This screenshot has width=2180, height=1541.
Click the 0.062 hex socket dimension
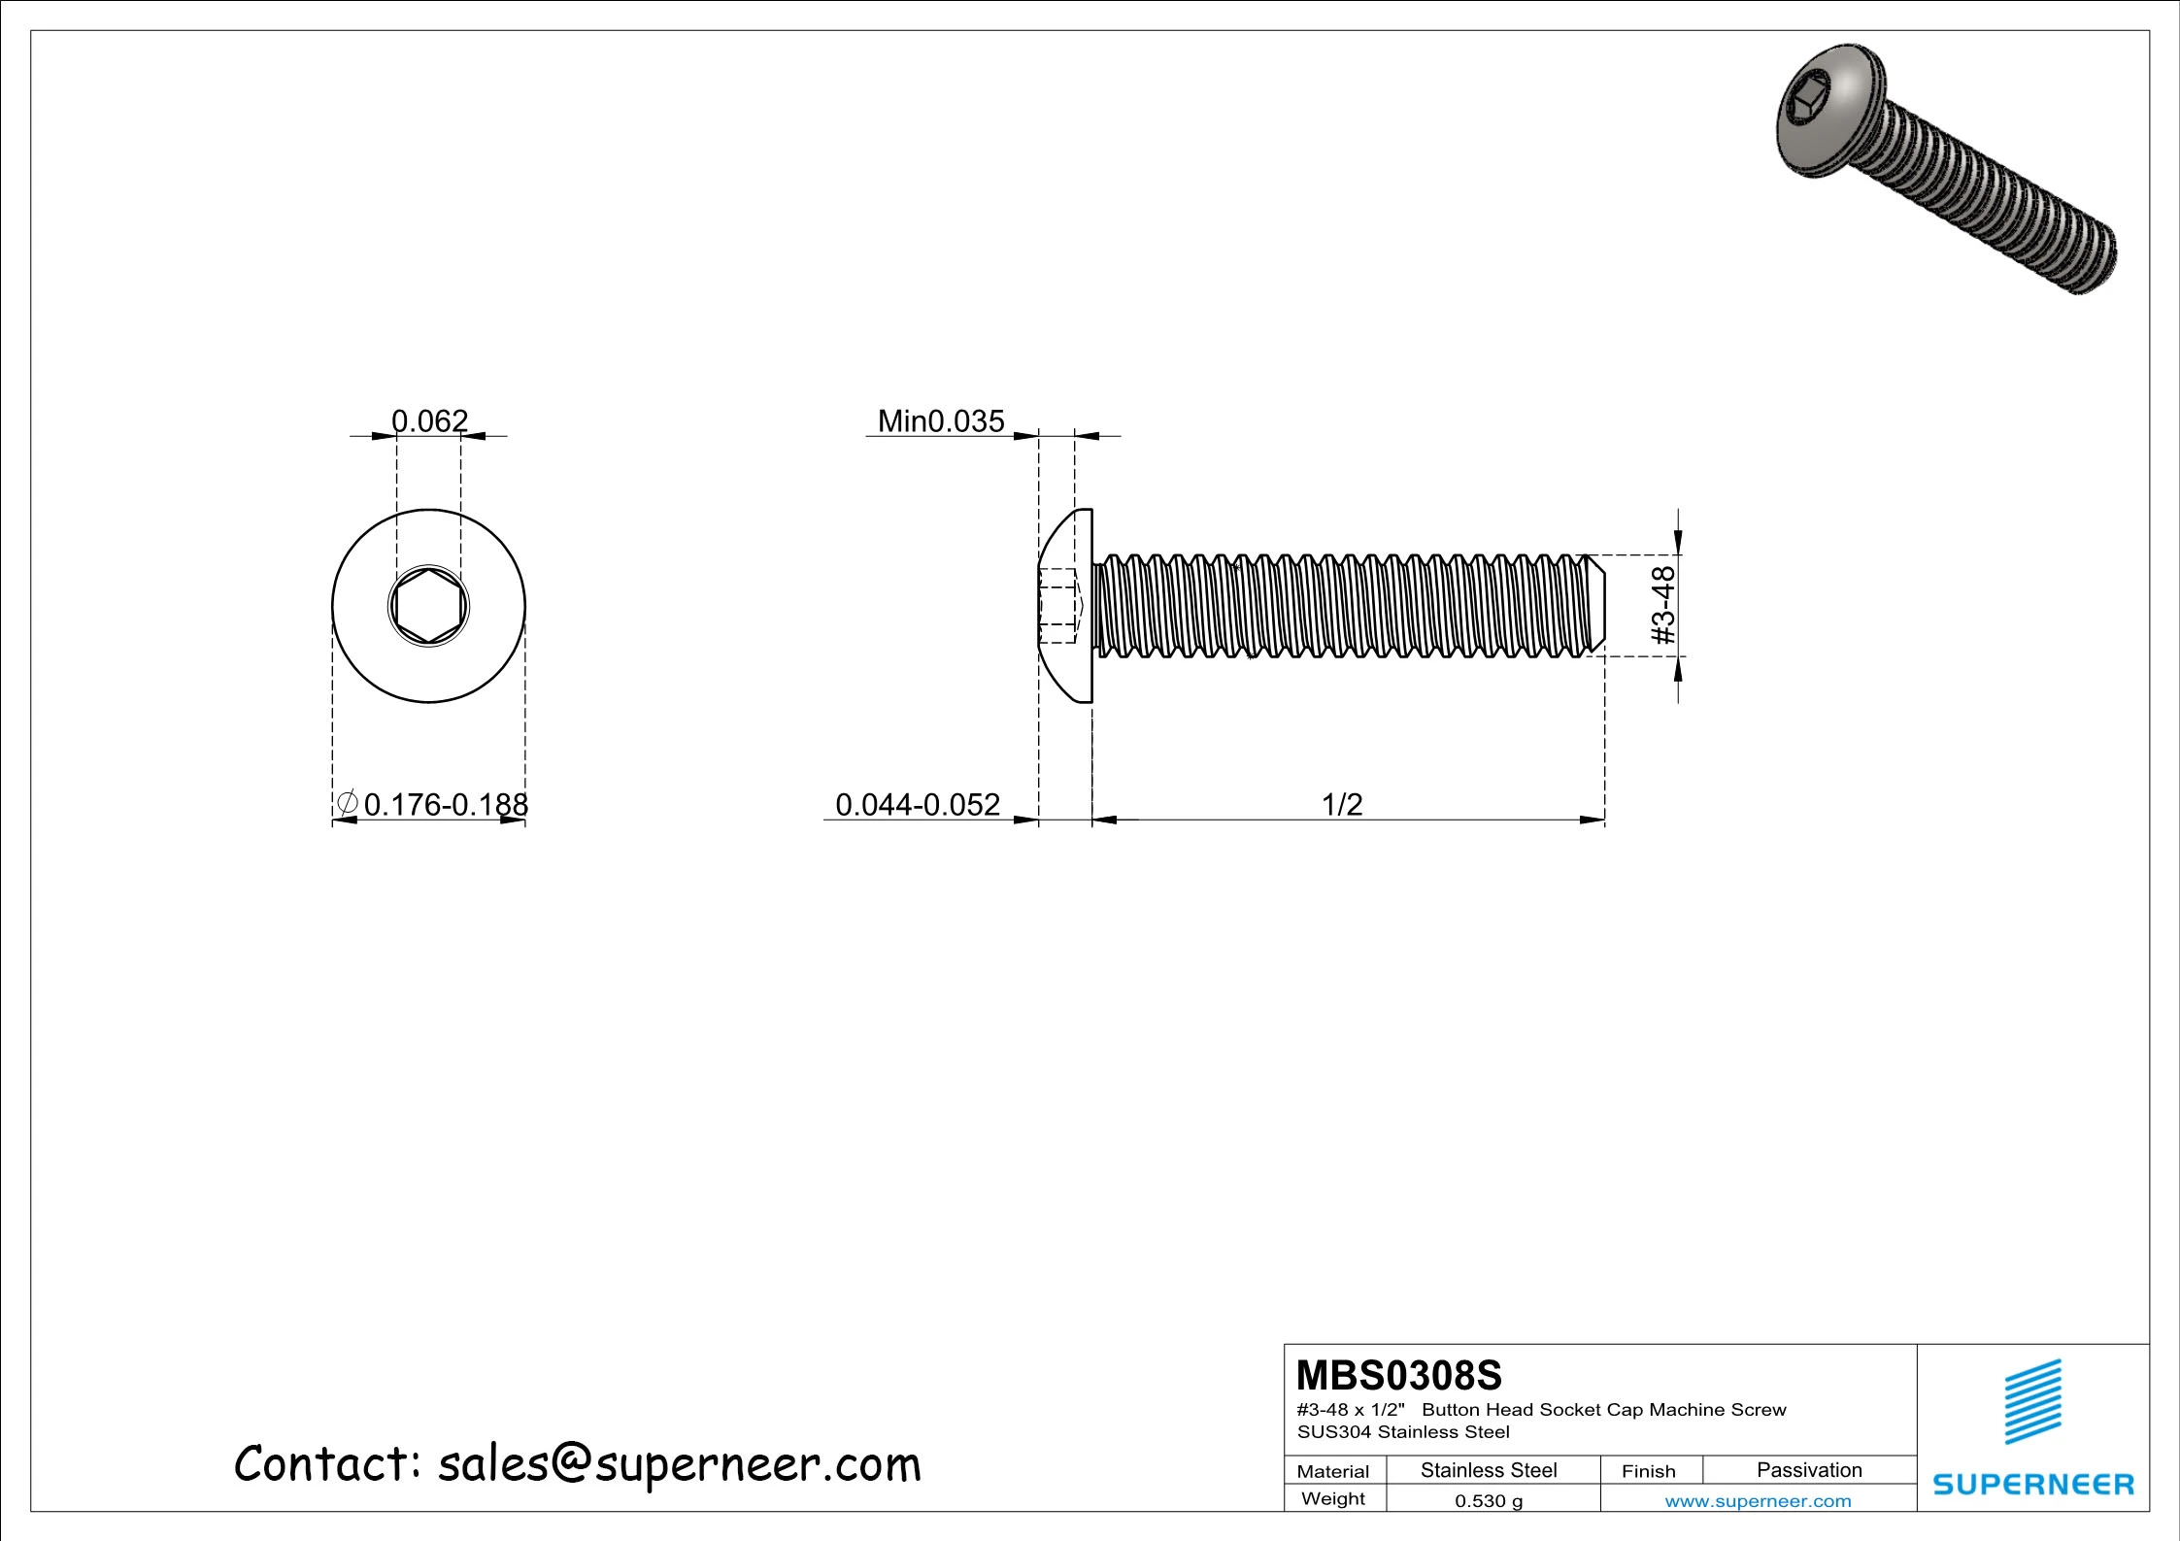429,420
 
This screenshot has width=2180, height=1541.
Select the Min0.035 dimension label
940,420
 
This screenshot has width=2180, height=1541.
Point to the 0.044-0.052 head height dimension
917,804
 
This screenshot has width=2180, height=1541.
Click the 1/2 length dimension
1342,804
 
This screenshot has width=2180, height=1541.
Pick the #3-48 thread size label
1663,605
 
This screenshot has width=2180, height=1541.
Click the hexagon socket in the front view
428,606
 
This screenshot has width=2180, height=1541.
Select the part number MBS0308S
1398,1375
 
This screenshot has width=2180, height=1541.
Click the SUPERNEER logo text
2033,1485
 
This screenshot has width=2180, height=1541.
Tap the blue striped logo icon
2033,1401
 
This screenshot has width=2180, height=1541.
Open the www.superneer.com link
1758,1501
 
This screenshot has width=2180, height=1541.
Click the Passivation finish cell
1809,1470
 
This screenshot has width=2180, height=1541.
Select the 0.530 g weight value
1489,1501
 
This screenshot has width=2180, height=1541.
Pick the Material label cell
1333,1471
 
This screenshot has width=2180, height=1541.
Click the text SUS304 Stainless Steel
1403,1431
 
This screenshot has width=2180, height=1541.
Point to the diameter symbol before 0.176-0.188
347,804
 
